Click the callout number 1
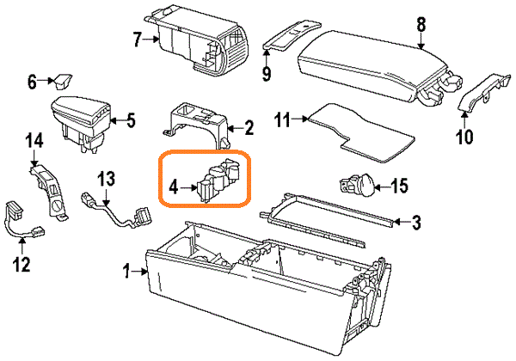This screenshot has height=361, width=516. (127, 272)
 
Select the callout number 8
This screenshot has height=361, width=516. (421, 24)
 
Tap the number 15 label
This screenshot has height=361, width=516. (398, 185)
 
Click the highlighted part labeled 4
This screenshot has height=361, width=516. (218, 178)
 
